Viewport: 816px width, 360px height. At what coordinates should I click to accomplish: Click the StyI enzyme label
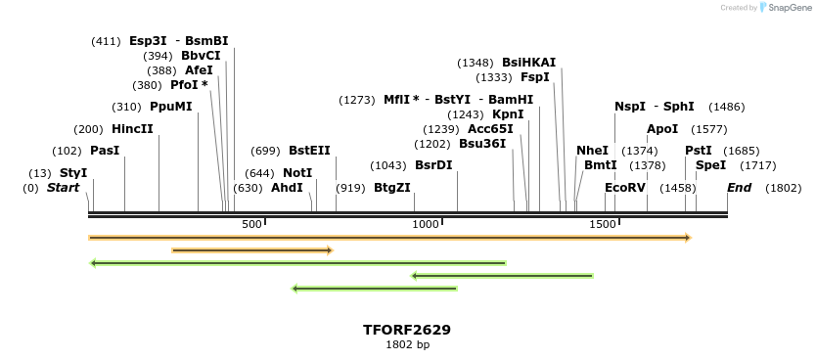pyautogui.click(x=73, y=173)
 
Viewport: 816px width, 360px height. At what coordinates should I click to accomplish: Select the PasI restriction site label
pyautogui.click(x=105, y=151)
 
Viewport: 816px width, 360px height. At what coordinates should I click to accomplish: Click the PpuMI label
pyautogui.click(x=171, y=107)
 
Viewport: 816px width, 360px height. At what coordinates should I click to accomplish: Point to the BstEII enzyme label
pyautogui.click(x=309, y=151)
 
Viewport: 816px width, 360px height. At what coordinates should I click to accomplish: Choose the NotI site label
pyautogui.click(x=297, y=173)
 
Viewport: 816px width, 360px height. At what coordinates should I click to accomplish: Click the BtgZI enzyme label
pyautogui.click(x=392, y=188)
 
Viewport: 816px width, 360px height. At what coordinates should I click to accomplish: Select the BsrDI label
pyautogui.click(x=433, y=165)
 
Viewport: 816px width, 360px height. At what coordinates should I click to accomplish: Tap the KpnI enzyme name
pyautogui.click(x=508, y=114)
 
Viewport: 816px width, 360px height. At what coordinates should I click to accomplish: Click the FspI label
pyautogui.click(x=535, y=77)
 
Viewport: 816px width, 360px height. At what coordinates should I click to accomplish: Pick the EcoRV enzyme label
pyautogui.click(x=625, y=188)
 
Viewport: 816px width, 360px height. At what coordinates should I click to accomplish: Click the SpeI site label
pyautogui.click(x=710, y=165)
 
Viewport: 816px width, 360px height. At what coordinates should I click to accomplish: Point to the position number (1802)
pyautogui.click(x=783, y=188)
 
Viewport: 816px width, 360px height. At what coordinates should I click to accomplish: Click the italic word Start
pyautogui.click(x=63, y=188)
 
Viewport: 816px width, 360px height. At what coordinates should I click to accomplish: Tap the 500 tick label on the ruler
pyautogui.click(x=252, y=225)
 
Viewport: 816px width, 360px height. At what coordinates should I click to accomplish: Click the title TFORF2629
pyautogui.click(x=407, y=330)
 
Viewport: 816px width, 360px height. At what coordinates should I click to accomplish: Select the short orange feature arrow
pyautogui.click(x=252, y=250)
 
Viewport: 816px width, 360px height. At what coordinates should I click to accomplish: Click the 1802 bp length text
pyautogui.click(x=407, y=344)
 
